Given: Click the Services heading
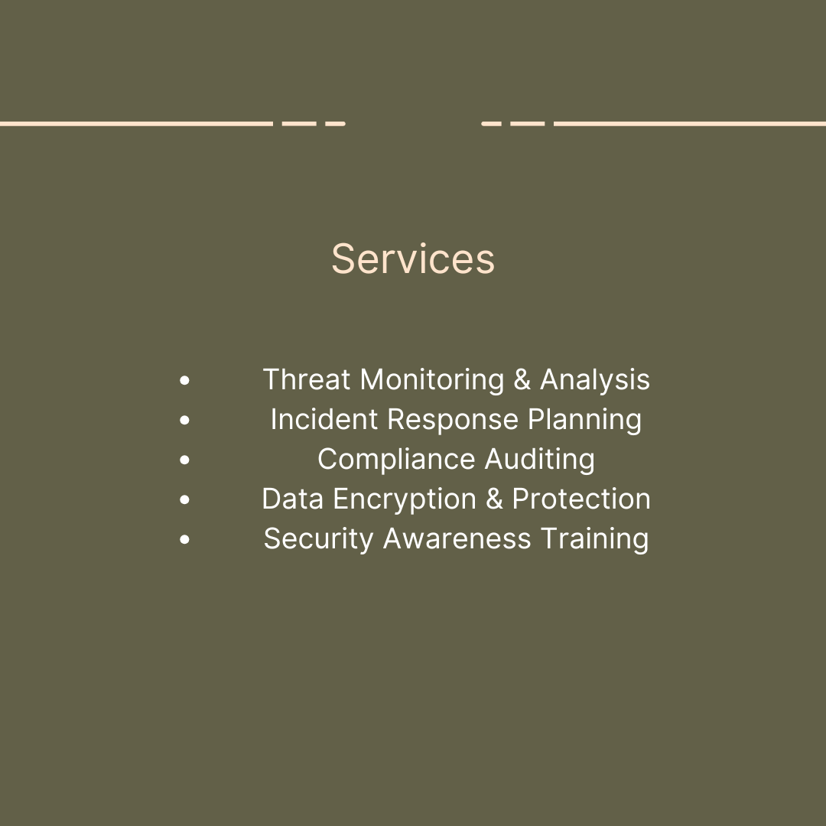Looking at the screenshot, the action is coord(413,259).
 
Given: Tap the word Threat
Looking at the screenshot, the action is coord(307,379).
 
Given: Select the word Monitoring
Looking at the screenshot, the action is coord(432,381).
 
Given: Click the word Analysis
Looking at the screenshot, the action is coord(595,381).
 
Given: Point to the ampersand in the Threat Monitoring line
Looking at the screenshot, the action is coord(522,379).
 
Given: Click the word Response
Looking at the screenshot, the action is coord(453,421).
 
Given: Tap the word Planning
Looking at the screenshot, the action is coord(585,421).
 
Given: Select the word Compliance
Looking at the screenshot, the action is coord(396,460).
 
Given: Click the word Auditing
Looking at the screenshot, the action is coord(540,460).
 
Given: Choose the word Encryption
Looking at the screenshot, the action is coord(405,500).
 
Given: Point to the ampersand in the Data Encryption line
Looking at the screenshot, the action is coord(495,499).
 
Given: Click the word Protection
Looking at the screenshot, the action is coord(581,499).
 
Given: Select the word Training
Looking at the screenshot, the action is coord(595,540).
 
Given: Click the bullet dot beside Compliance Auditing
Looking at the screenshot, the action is coord(184,460).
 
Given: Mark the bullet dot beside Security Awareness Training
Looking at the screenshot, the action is coord(184,539).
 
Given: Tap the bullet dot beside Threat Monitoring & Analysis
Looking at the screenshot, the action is coord(184,380).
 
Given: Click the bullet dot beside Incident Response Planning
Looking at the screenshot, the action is coord(184,420).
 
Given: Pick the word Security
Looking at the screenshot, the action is coord(319,540).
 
